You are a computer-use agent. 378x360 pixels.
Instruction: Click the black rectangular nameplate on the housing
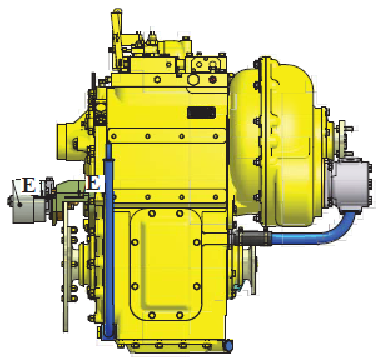(202, 112)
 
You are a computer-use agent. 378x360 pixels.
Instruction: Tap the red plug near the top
(212, 79)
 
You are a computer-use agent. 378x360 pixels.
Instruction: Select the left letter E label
(29, 185)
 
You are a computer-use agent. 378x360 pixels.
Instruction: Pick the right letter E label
(93, 182)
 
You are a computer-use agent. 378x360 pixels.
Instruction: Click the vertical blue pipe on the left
(109, 241)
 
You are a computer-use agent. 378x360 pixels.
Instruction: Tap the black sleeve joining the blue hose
(253, 238)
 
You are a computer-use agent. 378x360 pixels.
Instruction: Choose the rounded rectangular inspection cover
(166, 264)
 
